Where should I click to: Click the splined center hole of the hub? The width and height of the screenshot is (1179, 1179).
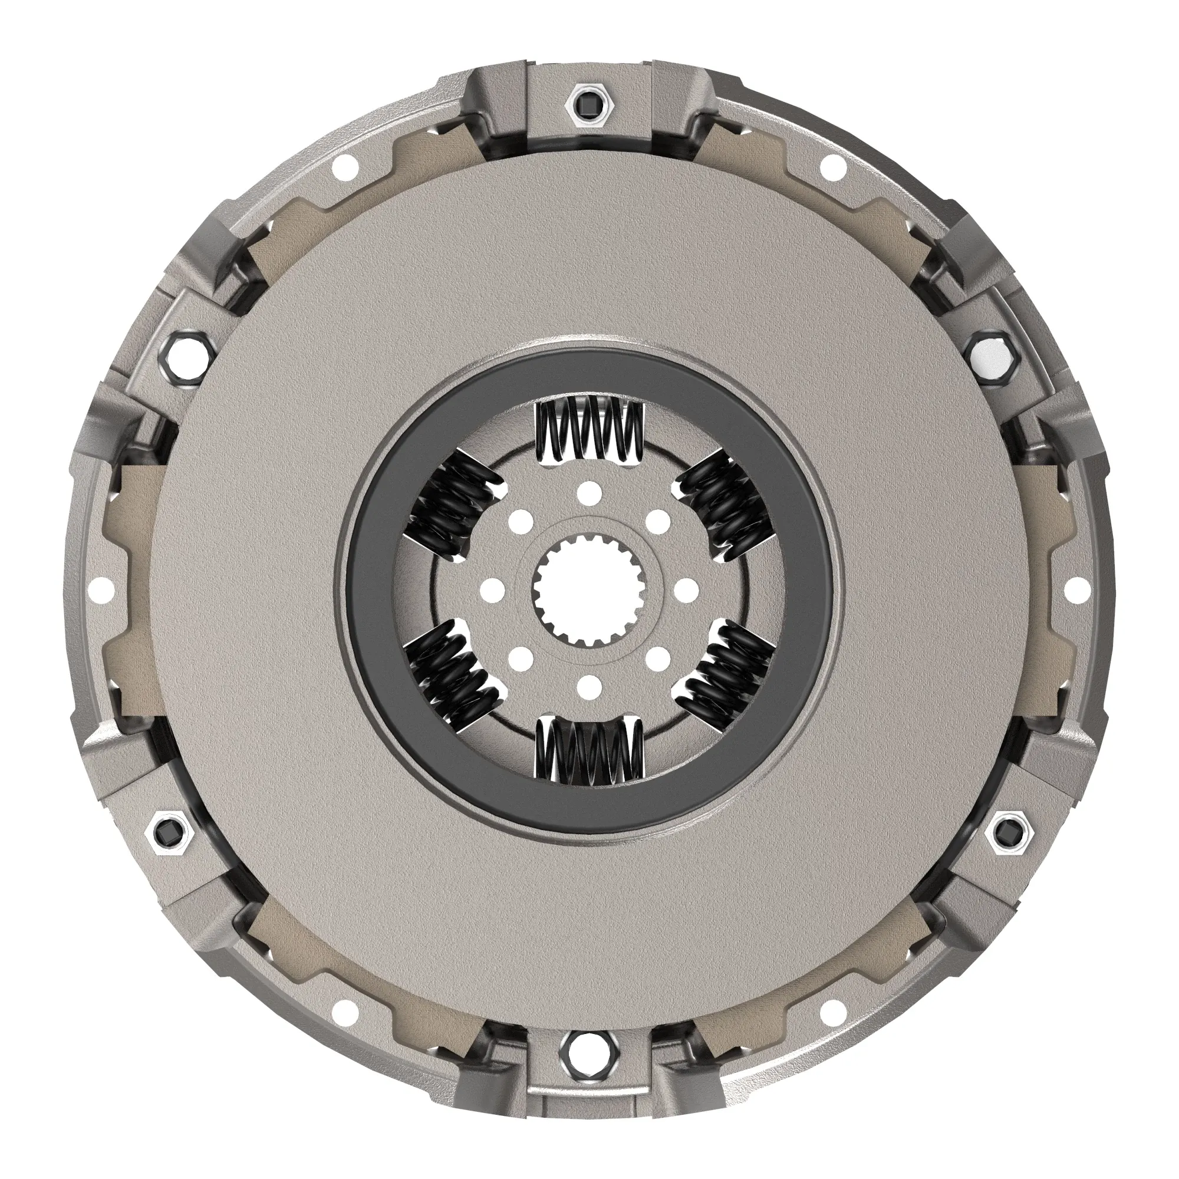pos(589,589)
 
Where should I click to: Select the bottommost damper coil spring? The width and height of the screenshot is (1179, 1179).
pos(589,750)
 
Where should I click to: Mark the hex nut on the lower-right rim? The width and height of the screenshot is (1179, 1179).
pos(1013,831)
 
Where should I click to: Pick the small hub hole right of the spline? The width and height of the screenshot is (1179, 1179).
pos(687,589)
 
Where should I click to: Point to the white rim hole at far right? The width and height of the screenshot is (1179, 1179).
pos(1078,589)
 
